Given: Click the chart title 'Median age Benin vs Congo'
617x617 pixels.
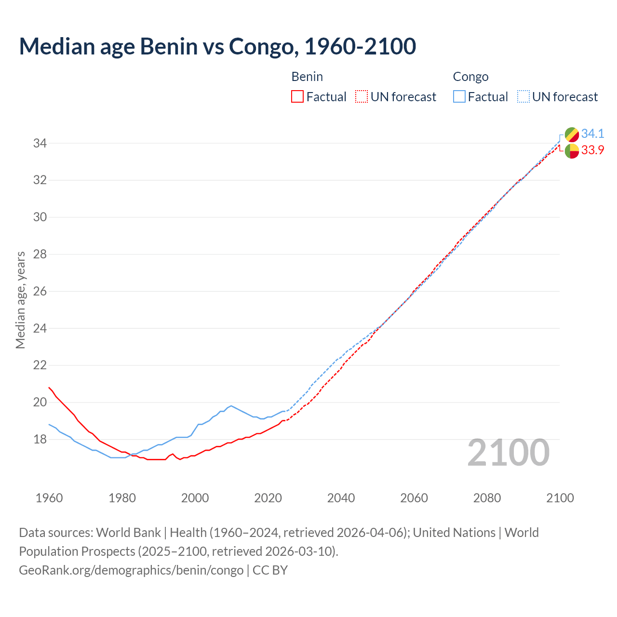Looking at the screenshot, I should pos(217,46).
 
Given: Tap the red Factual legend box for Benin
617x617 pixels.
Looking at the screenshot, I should pos(297,97).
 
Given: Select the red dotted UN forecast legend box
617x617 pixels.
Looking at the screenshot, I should pos(362,97).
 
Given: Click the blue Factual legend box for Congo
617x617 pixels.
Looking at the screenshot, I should pos(459,97).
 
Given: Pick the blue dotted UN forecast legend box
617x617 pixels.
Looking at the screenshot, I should pos(523,97).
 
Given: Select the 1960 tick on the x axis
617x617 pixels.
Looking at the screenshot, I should pos(49,498).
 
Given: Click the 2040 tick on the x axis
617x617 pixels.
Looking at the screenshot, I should pos(341,498).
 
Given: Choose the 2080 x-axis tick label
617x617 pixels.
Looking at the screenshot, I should pos(487,498).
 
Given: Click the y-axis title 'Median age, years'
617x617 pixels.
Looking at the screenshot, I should pos(20,300).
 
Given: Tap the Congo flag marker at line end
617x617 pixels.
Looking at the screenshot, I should pos(572,134).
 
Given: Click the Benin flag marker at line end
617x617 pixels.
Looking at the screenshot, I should pos(572,151).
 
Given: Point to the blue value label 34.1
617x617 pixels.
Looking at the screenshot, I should pos(592,134).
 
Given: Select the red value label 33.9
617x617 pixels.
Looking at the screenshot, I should pos(592,150).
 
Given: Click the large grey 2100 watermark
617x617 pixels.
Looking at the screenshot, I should pos(508,453).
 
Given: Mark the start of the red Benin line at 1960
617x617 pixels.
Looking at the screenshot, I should pos(49,388).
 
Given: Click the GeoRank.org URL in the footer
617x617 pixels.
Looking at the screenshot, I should pos(131,570).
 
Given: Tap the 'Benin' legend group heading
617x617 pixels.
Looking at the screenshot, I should pos(307,77).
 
